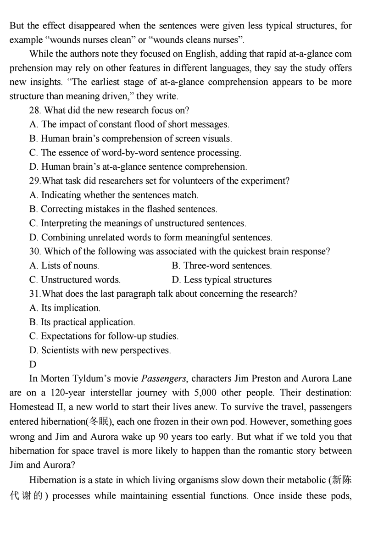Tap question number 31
34,294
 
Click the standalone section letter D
32,365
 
